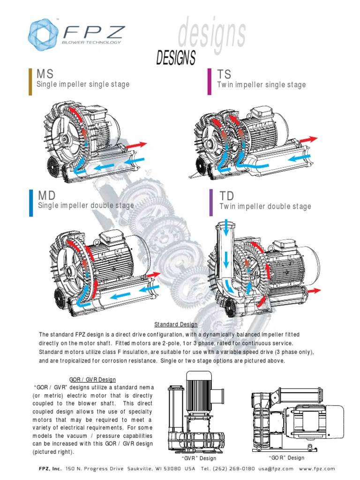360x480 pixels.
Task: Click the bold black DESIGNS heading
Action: pyautogui.click(x=175, y=59)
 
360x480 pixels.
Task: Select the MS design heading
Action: pyautogui.click(x=45, y=74)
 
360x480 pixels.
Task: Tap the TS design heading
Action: pyautogui.click(x=225, y=74)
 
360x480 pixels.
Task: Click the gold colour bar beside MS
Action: pyautogui.click(x=30, y=81)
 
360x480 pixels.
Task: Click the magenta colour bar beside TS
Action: pyautogui.click(x=210, y=82)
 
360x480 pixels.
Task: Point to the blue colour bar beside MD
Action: pyautogui.click(x=31, y=203)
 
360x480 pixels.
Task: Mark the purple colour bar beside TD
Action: pyautogui.click(x=210, y=203)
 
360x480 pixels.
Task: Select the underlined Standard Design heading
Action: pyautogui.click(x=176, y=324)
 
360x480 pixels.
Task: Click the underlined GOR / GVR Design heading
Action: pyautogui.click(x=89, y=379)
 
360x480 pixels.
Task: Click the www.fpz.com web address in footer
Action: pyautogui.click(x=317, y=469)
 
